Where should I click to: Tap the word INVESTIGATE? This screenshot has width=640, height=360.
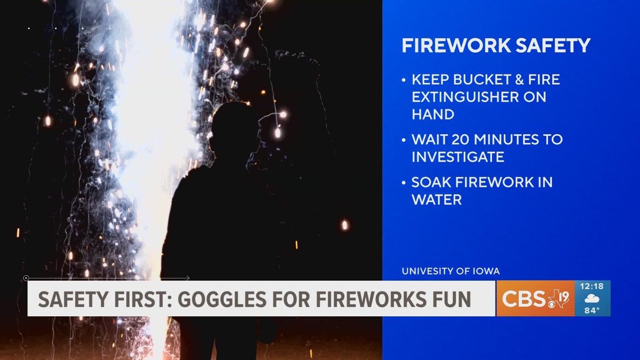click(x=458, y=157)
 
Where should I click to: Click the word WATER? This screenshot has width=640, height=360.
click(x=436, y=200)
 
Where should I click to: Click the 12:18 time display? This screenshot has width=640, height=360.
click(x=592, y=286)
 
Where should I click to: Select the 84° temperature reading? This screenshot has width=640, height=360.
click(x=592, y=311)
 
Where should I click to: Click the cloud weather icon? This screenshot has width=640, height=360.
click(x=592, y=298)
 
